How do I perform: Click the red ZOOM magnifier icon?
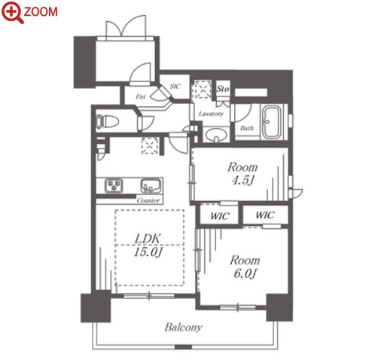pos(13,12)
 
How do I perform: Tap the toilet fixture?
pos(107,122)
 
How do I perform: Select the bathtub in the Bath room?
pos(271,122)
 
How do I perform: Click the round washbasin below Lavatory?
pos(216,135)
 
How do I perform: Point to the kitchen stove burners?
pos(114,185)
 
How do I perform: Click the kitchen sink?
pos(151,185)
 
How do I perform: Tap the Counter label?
pos(148,200)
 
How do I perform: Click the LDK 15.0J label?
pos(148,246)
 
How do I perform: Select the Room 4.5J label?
pos(242,173)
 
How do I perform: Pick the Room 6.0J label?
pos(245,267)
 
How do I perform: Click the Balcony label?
pos(184,328)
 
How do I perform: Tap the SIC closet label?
pos(175,87)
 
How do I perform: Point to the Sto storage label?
pos(223,89)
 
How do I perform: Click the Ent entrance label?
pos(140,96)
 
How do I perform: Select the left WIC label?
pos(220,216)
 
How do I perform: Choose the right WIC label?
pos(265,215)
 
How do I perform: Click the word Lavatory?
pos(211,114)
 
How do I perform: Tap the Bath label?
pos(247,128)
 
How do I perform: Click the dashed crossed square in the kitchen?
pos(150,145)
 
